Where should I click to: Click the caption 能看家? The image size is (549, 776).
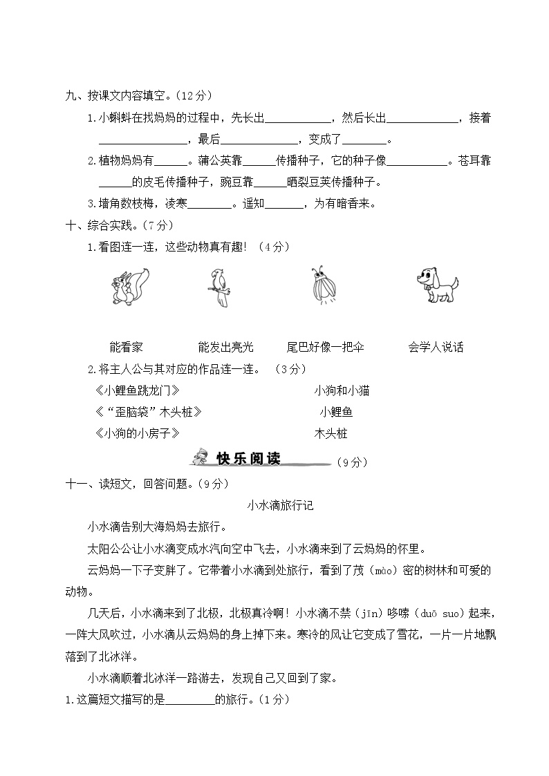point(126,347)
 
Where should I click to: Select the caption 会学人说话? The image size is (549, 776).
point(436,347)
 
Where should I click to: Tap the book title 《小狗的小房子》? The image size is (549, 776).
point(136,433)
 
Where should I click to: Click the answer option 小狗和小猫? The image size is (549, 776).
point(342,390)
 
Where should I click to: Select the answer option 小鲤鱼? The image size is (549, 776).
point(336,412)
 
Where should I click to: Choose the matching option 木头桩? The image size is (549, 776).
point(331,433)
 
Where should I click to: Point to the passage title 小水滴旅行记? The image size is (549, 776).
point(280,505)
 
